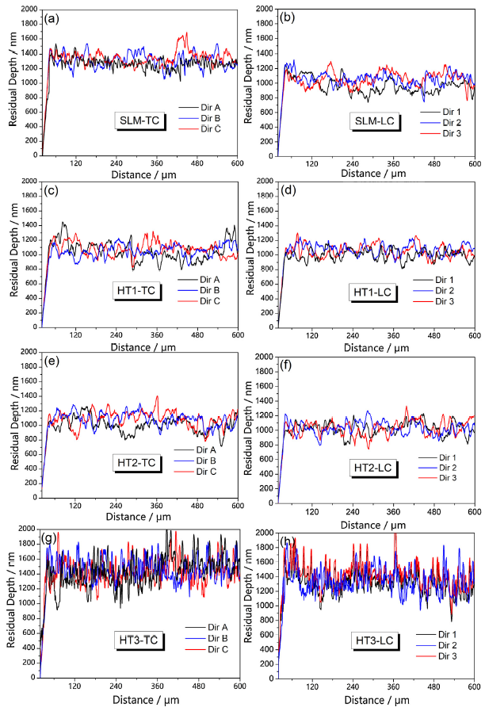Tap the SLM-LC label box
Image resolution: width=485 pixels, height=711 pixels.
point(376,121)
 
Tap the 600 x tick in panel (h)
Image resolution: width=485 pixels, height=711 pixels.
point(474,687)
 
